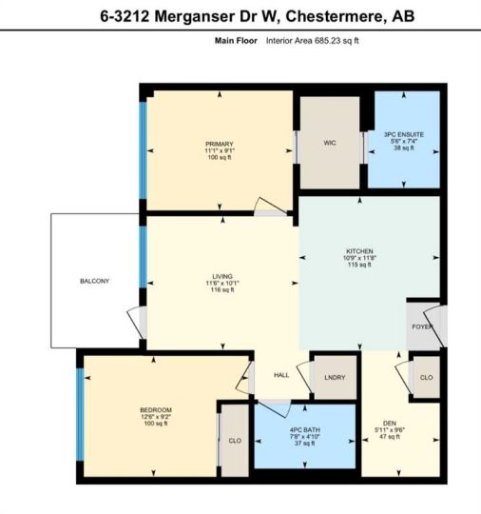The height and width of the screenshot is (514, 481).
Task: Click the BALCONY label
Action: (x=95, y=281)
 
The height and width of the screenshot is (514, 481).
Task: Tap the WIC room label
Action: (x=330, y=143)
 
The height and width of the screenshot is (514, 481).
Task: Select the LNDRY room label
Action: (x=335, y=377)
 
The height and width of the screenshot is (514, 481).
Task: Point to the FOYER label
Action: (x=422, y=326)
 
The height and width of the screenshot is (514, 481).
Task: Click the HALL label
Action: (x=281, y=375)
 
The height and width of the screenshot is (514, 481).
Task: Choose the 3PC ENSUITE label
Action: (x=404, y=134)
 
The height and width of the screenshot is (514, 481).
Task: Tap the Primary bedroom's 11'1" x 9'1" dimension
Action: (x=220, y=150)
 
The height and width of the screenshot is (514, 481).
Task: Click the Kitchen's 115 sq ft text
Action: (x=359, y=265)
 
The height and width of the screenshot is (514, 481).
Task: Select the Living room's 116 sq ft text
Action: (x=222, y=289)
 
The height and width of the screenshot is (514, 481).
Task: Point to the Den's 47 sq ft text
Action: (x=390, y=437)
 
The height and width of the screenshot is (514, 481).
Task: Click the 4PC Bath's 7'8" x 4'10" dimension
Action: (x=305, y=437)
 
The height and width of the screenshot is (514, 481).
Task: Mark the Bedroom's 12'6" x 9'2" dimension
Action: (x=156, y=417)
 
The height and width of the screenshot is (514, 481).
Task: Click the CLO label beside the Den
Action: (x=426, y=377)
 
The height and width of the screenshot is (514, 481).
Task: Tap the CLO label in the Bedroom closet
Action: (x=235, y=441)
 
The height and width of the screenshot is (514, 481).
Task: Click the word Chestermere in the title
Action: (x=334, y=16)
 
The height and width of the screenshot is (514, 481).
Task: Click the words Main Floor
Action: (x=236, y=41)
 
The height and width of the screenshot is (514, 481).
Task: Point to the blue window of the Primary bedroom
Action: (x=143, y=150)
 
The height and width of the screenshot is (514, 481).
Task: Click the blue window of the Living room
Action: (x=143, y=257)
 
